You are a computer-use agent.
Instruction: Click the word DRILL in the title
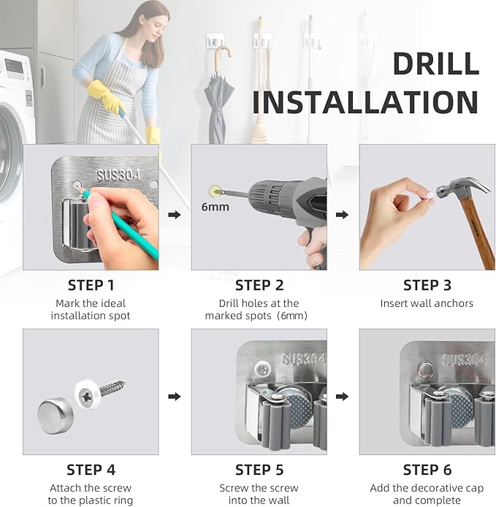(436, 64)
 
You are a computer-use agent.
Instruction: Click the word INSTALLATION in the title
(365, 102)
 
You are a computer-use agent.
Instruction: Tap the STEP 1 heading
(91, 285)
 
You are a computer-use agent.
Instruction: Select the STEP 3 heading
(427, 285)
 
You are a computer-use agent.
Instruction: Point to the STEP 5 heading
(259, 470)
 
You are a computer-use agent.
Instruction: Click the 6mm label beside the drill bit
(215, 207)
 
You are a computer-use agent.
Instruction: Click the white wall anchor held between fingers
(430, 195)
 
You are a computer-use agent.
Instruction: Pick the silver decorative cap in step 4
(56, 416)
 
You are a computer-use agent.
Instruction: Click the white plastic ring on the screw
(88, 394)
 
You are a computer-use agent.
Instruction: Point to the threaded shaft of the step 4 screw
(112, 387)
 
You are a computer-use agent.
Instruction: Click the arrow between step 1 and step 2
(175, 215)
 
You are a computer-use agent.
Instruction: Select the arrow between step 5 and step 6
(342, 397)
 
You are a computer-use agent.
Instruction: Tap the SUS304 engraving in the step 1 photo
(118, 175)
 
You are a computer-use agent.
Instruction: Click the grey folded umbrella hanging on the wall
(218, 97)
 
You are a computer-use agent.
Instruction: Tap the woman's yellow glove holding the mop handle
(106, 96)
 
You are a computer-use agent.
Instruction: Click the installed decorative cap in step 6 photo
(426, 370)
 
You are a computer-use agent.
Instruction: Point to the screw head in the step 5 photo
(262, 369)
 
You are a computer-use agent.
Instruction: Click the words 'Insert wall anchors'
(427, 303)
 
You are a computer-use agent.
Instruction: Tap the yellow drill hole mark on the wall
(215, 191)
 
